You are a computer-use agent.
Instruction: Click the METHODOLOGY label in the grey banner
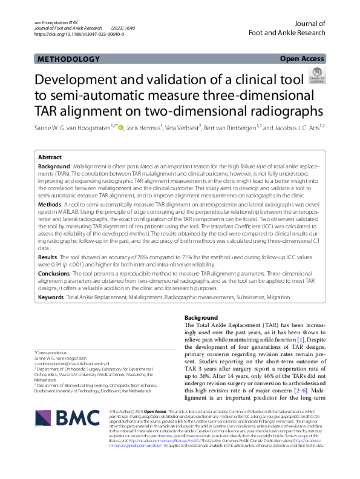(x=68, y=59)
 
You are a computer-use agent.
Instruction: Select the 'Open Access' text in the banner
(x=303, y=59)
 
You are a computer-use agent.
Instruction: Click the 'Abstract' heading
(x=50, y=156)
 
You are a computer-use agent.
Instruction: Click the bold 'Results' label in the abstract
(x=48, y=257)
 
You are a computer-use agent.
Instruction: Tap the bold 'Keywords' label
(x=51, y=297)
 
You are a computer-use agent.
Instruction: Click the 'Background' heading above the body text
(x=201, y=318)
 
